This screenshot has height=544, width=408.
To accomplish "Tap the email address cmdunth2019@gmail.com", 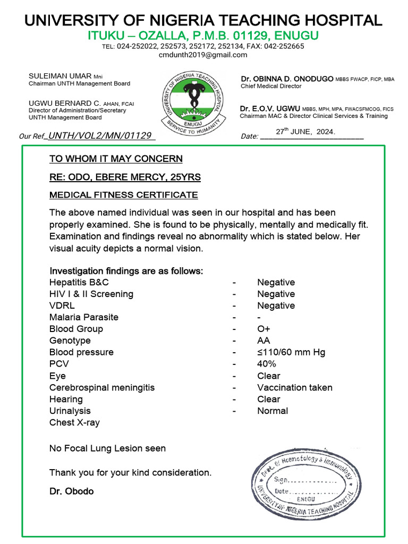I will point(203,55).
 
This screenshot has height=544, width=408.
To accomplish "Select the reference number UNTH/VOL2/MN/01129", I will point(100,136).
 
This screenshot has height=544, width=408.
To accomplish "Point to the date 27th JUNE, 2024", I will point(305,131).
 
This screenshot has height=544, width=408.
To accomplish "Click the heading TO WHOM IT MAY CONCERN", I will point(116,159).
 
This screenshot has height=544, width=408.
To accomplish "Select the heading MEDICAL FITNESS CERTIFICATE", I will point(124,195).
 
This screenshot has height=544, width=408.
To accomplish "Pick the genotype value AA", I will point(263,341).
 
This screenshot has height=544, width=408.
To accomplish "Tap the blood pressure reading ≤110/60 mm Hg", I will point(291,352).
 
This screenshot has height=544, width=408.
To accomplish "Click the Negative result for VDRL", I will point(276,305).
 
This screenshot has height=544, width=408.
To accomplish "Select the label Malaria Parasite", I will point(84,317).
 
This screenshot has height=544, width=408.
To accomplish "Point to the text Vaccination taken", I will point(294,387).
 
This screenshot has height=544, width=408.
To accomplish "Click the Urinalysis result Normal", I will point(272,411).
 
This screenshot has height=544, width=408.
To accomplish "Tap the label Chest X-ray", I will point(74,422).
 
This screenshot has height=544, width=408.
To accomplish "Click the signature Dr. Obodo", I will point(71,491).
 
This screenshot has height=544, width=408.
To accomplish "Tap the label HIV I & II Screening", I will point(91,294).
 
